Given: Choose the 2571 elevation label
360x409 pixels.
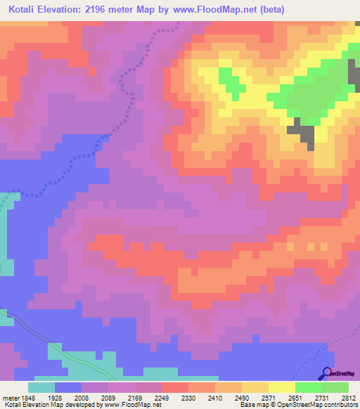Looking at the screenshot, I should pos(267,396).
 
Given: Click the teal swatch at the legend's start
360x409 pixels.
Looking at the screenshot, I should pos(41,387).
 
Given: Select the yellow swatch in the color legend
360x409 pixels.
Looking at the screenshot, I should pos(281,387).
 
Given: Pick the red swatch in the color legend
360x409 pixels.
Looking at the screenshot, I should pos(174,387).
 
